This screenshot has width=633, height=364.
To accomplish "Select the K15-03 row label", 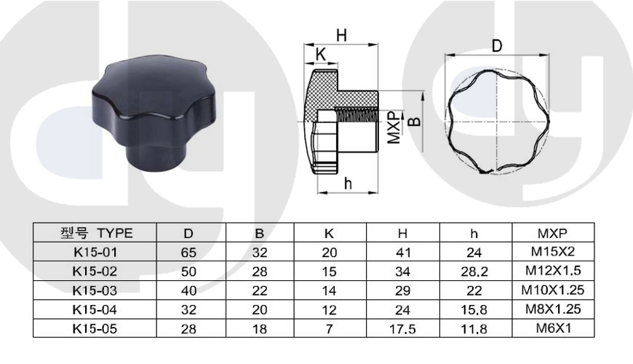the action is coord(95,290).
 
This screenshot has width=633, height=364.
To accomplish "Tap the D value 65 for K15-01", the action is coord(188,253).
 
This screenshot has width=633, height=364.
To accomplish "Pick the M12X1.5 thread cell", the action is coord(553,270).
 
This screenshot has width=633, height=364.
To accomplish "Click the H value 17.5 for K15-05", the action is coord(402,329).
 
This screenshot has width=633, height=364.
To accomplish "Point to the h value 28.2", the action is coord(474,272).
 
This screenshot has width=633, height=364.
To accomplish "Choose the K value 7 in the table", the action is coord(330,329).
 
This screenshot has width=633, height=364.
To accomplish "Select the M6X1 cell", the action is coord(554,328).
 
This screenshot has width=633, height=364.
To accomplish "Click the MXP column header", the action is coord(552,233).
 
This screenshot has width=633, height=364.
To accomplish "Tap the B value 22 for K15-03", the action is coord(260,291).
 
